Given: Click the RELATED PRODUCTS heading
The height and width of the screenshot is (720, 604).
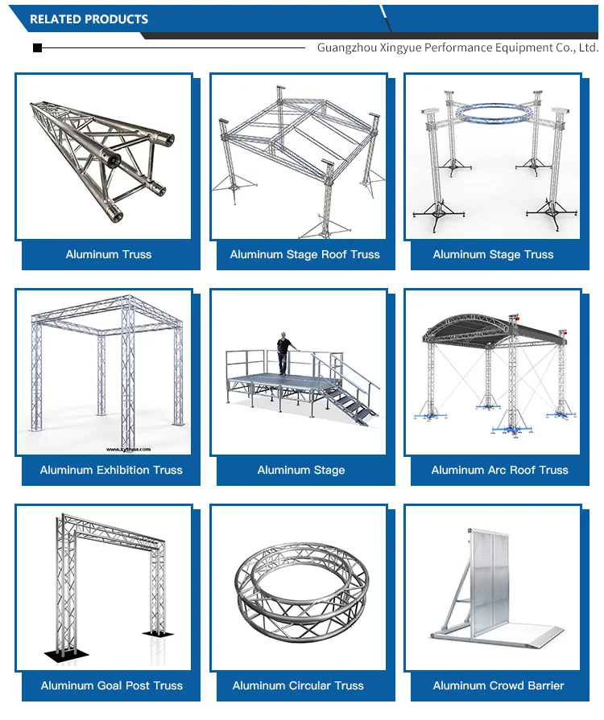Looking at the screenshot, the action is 89,19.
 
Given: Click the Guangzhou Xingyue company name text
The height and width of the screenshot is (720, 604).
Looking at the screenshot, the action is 457,47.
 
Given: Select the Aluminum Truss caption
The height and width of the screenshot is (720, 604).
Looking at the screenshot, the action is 109,254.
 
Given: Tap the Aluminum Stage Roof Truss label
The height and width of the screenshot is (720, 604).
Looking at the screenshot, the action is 304,254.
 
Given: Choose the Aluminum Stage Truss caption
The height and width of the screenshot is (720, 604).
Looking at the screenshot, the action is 493,254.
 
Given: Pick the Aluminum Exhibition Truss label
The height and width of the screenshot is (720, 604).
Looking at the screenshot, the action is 111,470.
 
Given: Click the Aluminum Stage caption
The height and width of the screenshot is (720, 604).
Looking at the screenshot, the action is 301,470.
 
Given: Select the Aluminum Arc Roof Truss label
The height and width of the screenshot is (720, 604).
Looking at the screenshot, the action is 499,470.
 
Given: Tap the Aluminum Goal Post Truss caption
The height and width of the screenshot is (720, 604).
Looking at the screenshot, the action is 112,685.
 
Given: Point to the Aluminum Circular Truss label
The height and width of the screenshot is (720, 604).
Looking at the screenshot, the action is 298,685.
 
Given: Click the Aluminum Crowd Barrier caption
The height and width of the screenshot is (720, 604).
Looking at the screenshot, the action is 499,685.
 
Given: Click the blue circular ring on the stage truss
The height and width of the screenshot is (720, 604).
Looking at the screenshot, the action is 492,113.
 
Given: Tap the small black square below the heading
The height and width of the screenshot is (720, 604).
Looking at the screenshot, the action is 37,48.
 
